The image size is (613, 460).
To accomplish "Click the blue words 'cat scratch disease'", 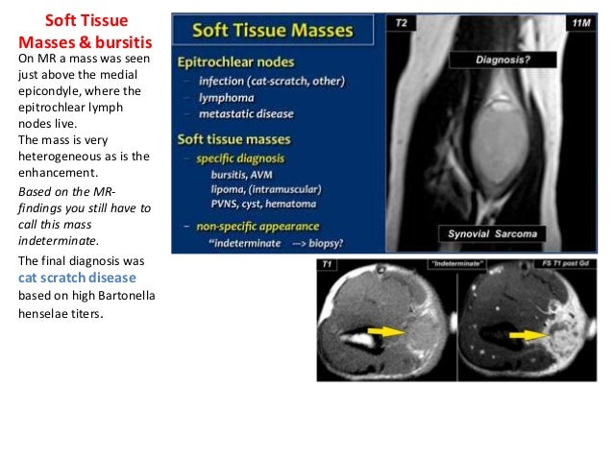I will click(77, 278).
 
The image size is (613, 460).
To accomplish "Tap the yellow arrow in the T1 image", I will click(387, 331).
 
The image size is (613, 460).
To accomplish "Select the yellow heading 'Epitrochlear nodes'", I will click(237, 61).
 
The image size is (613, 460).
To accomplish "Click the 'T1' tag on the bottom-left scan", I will click(329, 260).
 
